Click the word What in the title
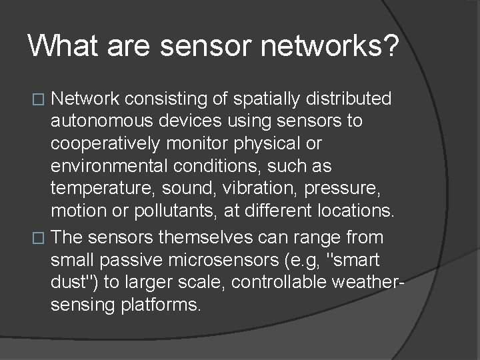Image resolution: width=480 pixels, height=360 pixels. click(x=59, y=46)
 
